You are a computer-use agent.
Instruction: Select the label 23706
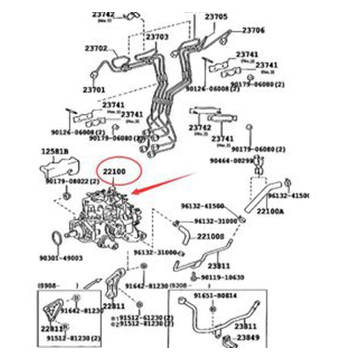pos(253,30)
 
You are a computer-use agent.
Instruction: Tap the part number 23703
pos(157,36)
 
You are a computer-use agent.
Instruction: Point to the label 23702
pos(96,48)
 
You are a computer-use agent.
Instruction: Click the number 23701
pos(94,89)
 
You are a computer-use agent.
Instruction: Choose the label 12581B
pos(54,152)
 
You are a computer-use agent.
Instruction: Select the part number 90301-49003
pos(60,258)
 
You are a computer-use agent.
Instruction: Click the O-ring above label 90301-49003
pos(56,239)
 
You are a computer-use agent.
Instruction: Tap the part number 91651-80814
pos(215,296)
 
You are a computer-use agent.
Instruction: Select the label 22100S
pos(211,236)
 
